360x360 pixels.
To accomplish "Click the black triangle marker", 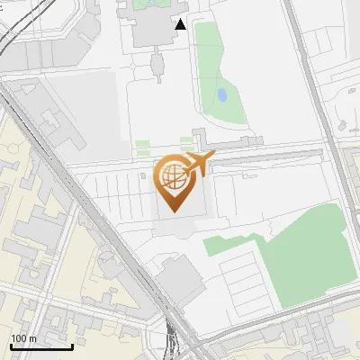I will coord(181,24).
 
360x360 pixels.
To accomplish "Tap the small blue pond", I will coord(221,94).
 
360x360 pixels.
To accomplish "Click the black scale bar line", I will coord(41,346).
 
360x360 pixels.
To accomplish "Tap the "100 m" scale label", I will coord(23,338).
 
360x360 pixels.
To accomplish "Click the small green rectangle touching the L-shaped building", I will coord(186,142).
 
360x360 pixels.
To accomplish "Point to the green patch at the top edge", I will coord(144,4).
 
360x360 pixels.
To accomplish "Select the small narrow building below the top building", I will coord(157,64).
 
